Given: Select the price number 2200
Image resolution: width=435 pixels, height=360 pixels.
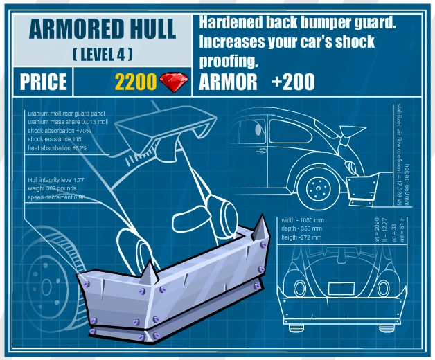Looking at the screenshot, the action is coord(136,82).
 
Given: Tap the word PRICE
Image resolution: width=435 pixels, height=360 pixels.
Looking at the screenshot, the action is coord(43,82).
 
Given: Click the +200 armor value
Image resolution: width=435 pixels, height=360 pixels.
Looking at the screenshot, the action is coord(293,82).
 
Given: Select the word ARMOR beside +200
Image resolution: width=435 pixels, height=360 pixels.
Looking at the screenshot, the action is coord(228,82).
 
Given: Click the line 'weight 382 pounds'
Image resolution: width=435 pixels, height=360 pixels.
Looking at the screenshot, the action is coord(53,188).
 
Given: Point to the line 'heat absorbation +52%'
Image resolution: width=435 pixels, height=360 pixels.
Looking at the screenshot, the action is coord(57,147).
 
